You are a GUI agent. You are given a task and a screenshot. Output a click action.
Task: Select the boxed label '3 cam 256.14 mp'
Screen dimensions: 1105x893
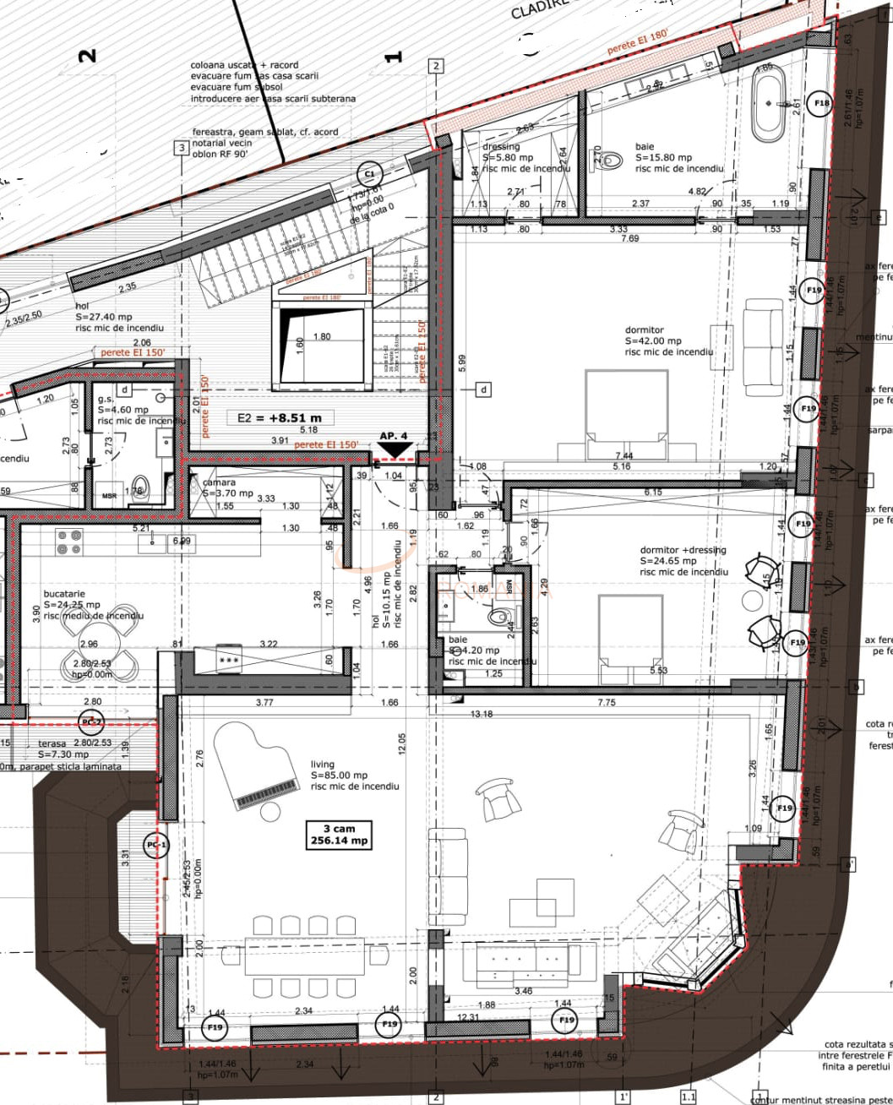pyautogui.click(x=340, y=835)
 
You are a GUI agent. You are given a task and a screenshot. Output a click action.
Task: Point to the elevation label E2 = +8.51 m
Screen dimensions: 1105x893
pyautogui.click(x=279, y=417)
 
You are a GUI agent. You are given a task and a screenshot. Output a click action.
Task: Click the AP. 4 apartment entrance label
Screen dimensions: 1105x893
pyautogui.click(x=393, y=436)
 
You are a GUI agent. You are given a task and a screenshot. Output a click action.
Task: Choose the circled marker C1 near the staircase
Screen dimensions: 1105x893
pyautogui.click(x=368, y=175)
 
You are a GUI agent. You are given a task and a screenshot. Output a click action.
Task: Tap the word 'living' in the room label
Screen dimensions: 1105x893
pyautogui.click(x=322, y=764)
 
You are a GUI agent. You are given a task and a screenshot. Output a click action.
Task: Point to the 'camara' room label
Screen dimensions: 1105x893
pyautogui.click(x=219, y=482)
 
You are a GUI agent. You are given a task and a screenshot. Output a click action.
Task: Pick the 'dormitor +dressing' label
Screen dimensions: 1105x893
pyautogui.click(x=683, y=550)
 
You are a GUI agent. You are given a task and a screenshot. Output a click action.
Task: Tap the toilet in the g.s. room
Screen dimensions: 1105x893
pyautogui.click(x=140, y=487)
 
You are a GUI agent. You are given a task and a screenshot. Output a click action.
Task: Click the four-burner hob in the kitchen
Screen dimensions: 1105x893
pyautogui.click(x=69, y=542)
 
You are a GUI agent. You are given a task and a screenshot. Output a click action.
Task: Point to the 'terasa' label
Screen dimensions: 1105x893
pyautogui.click(x=52, y=744)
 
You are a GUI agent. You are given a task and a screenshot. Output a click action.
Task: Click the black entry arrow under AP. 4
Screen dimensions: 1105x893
pyautogui.click(x=395, y=449)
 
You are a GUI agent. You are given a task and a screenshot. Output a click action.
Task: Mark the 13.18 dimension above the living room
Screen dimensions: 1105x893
pyautogui.click(x=481, y=714)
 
